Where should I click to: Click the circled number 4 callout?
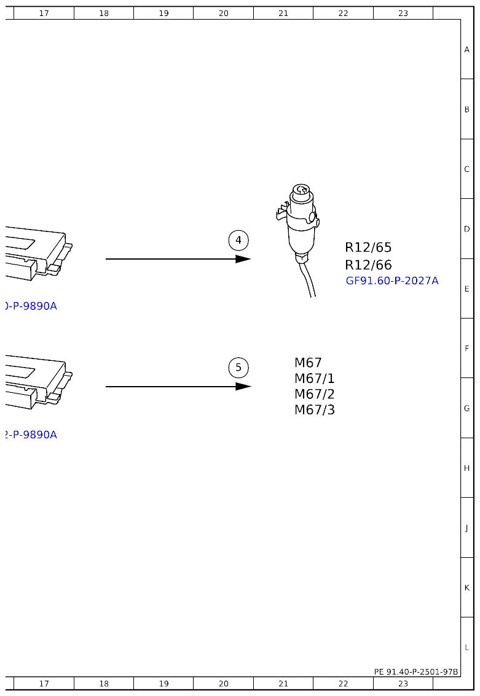(x=238, y=240)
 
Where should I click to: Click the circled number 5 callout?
(x=238, y=368)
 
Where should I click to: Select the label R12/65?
(x=368, y=248)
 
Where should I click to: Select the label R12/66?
(x=368, y=265)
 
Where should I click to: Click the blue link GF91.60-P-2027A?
(x=392, y=281)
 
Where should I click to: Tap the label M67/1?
(x=315, y=379)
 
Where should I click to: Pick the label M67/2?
(x=315, y=394)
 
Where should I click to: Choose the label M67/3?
(x=315, y=410)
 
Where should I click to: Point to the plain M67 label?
(x=308, y=363)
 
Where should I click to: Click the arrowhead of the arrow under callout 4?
(x=244, y=259)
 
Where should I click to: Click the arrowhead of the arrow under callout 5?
(x=244, y=387)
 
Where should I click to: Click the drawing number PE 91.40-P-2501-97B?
(x=416, y=672)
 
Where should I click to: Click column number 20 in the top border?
(x=223, y=13)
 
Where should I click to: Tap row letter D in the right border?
(x=467, y=229)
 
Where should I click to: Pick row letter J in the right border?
(x=467, y=528)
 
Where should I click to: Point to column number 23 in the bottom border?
(x=403, y=683)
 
